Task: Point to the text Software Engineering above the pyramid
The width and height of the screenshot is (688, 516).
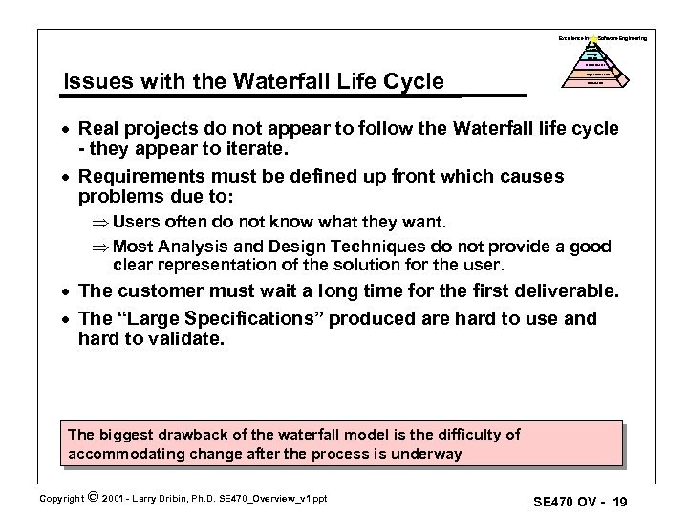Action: [x=622, y=37]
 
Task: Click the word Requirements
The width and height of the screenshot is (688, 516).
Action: [x=145, y=177]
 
